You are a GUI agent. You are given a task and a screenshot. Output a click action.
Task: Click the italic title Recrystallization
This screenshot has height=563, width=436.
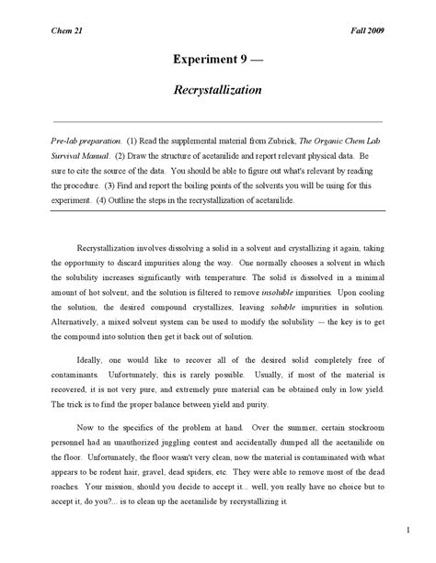[217, 91]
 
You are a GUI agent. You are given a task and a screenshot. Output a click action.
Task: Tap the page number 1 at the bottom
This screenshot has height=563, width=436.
[407, 530]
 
